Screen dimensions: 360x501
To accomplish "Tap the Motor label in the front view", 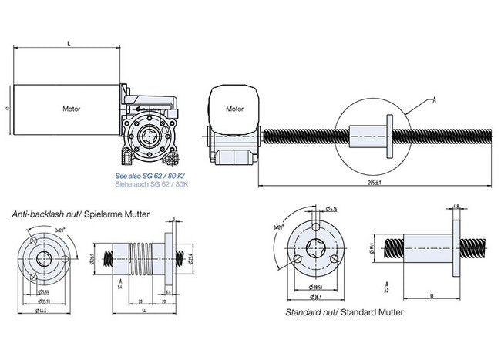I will pyautogui.click(x=234, y=109).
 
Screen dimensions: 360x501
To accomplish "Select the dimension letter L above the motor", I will pyautogui.click(x=70, y=45).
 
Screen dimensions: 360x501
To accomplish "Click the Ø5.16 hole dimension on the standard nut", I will pyautogui.click(x=332, y=209).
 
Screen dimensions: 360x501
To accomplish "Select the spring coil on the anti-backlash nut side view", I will pyautogui.click(x=146, y=255).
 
